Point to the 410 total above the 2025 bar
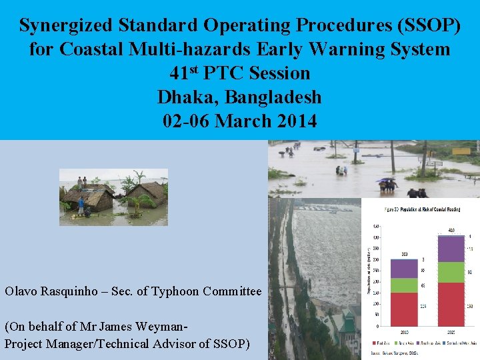(x=451, y=231)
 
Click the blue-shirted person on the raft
(x=81, y=204)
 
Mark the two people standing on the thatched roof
(x=82, y=181)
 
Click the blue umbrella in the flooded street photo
(x=385, y=179)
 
